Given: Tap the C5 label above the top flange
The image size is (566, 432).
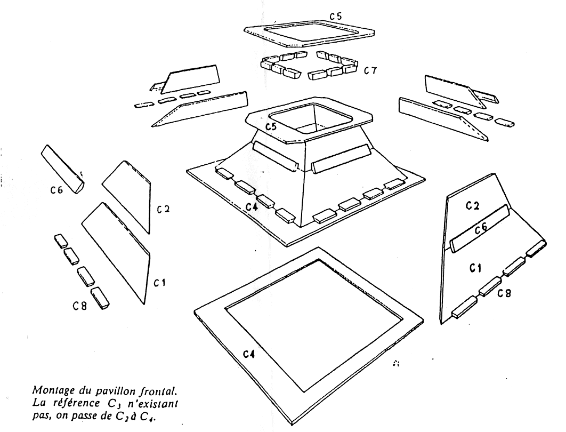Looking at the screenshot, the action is point(336,16).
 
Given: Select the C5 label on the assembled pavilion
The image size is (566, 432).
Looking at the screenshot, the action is point(271,126).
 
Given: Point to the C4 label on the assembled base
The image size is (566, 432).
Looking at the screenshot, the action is point(252,206).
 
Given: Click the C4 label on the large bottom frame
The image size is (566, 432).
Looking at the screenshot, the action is point(249,354).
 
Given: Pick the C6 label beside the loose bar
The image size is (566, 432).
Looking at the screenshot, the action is point(57,189).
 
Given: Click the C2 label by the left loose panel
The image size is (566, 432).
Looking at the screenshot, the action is point(163,209).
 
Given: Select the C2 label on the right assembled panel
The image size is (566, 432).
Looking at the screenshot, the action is point(473,205).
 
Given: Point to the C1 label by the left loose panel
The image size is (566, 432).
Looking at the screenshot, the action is point(159,283).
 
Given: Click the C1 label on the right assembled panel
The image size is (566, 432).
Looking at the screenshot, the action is point(475,268).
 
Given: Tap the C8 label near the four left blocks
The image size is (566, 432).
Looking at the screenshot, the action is point(80,306).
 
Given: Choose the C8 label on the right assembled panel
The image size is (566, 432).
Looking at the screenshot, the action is point(504,293).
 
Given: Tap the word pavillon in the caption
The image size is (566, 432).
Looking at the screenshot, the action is point(116,391).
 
